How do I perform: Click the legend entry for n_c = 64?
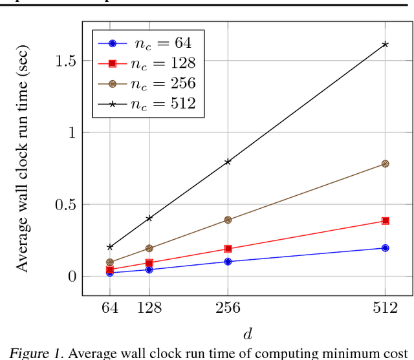(x=145, y=43)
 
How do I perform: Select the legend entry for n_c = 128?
(x=145, y=63)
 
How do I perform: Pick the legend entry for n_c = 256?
(x=145, y=83)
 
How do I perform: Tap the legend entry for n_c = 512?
(x=145, y=103)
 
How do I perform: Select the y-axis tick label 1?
(x=72, y=132)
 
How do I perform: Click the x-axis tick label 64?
(x=110, y=308)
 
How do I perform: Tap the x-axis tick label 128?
(x=149, y=308)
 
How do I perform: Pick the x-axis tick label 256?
(x=228, y=308)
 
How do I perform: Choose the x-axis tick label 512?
(x=386, y=308)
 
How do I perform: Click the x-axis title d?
(x=248, y=334)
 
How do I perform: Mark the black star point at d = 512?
(x=386, y=45)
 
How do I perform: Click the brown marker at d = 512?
(x=386, y=164)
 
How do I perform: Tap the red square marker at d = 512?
(x=386, y=221)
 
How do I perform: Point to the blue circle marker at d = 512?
(x=386, y=248)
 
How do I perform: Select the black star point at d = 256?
(x=228, y=162)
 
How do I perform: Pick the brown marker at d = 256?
(x=228, y=220)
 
